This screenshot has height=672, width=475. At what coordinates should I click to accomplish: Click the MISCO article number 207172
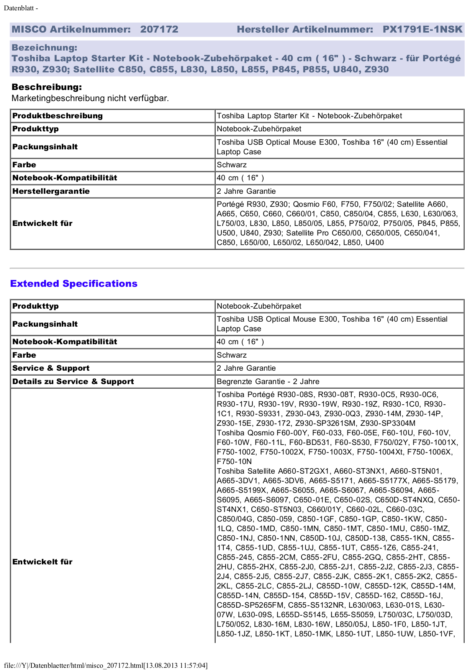159,29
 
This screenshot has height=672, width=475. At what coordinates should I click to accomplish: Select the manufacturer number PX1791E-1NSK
423,29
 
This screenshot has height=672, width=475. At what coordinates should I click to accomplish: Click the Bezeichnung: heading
44,48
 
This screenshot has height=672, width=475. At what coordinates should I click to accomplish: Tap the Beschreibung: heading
47,87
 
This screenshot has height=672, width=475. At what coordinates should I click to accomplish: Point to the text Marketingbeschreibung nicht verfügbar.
90,98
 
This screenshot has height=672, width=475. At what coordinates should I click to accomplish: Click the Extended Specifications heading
74,284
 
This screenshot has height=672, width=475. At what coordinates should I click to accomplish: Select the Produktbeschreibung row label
57,116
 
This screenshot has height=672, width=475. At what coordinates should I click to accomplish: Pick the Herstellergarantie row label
51,191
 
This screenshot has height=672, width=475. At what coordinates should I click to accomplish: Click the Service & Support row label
51,368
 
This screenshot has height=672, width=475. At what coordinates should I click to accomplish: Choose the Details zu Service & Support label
73,382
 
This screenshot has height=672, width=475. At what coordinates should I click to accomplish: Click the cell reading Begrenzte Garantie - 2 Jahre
268,382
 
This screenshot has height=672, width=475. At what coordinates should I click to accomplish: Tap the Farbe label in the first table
24,165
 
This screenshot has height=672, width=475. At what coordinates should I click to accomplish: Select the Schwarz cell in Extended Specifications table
232,355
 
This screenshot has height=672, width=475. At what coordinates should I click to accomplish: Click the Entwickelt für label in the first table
43,224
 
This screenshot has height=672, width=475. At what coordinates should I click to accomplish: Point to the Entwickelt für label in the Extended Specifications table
43,562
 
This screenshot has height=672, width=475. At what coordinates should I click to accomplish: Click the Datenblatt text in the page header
21,8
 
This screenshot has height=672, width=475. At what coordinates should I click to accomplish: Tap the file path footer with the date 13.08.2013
106,665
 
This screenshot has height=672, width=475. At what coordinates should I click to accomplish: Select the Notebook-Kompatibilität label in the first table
65,178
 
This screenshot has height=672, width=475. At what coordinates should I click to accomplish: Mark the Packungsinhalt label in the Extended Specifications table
45,324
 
